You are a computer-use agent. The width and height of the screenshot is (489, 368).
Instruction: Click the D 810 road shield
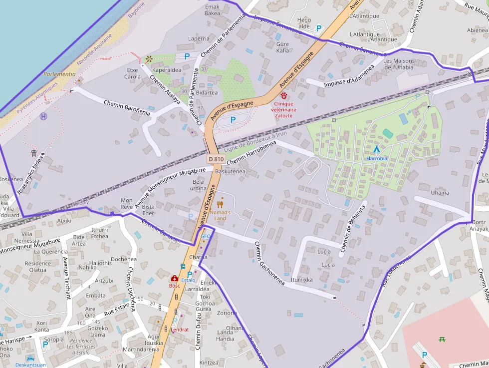point(216,159)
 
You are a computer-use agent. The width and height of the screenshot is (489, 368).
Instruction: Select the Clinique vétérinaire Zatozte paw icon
point(284,95)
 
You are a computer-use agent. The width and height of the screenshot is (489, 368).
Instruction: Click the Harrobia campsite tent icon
point(376,149)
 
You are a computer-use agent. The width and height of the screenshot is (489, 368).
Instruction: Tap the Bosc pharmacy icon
point(174,278)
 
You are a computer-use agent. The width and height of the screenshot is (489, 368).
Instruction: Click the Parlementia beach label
point(59,74)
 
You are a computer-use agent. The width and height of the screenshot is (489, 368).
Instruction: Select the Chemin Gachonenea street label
point(269,264)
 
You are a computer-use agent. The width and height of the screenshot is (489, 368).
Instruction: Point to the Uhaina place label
point(440,192)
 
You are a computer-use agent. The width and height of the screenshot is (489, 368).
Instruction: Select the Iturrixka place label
point(302,280)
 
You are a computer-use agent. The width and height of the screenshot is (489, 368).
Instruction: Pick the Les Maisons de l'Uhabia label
point(398,64)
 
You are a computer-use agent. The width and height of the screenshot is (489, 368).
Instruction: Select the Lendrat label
point(180,330)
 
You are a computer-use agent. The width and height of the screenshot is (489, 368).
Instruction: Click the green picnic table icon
point(442,340)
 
